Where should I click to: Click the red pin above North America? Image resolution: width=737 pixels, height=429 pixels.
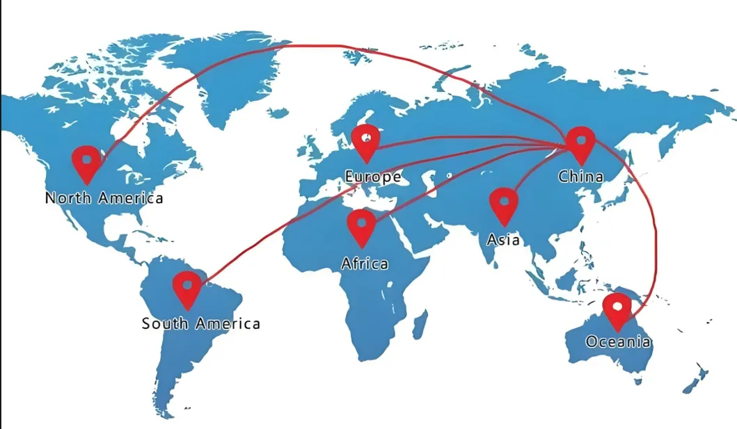point(87,162)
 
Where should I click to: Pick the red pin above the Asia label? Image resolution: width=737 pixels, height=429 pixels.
point(503,204)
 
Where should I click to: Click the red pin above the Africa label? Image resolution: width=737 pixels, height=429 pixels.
point(361,226)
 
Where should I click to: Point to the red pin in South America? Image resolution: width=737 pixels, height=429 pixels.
point(187,287)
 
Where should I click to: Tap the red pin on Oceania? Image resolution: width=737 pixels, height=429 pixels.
point(617,309)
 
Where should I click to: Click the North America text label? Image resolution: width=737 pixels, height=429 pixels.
point(104,198)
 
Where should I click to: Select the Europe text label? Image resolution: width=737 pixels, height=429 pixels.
point(373,177)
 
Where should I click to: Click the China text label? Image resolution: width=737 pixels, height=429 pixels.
point(580,177)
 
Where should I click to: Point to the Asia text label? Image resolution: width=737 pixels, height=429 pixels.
point(503,240)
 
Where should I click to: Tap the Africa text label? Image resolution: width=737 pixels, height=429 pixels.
point(365,264)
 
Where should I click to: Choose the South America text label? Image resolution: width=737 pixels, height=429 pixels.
point(200,323)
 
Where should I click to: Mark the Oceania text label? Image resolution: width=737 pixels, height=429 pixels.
point(618,342)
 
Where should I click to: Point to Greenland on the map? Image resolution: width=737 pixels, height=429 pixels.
point(230,76)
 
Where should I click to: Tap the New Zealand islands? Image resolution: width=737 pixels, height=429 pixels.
point(696,379)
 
